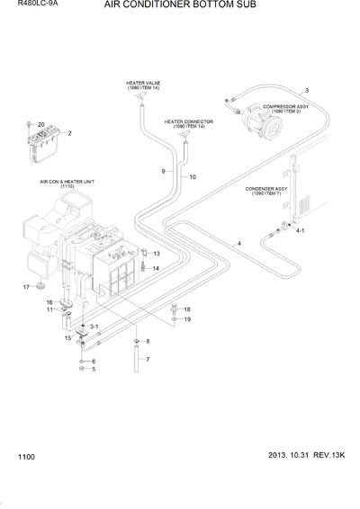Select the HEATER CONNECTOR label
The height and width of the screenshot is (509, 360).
[x=184, y=122]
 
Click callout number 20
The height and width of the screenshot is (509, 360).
[x=41, y=122]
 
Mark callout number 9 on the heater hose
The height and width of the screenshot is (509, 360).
[x=163, y=170]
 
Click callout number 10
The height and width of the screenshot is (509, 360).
[x=192, y=177]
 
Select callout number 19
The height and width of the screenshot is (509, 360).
[x=187, y=319]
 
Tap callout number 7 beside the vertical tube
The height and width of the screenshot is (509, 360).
[x=148, y=360]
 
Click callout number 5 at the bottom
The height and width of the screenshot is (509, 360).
[x=93, y=370]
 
